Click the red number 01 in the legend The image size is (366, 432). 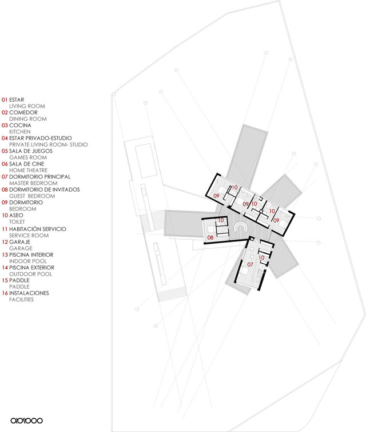[x=5, y=100]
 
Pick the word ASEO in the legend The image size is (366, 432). [x=17, y=216]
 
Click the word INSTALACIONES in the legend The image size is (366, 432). [x=29, y=293]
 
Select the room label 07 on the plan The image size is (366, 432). [x=250, y=265]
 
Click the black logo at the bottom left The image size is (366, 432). [x=26, y=421]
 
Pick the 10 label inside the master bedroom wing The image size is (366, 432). [x=261, y=258]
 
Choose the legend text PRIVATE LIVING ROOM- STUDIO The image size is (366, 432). [x=49, y=145]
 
